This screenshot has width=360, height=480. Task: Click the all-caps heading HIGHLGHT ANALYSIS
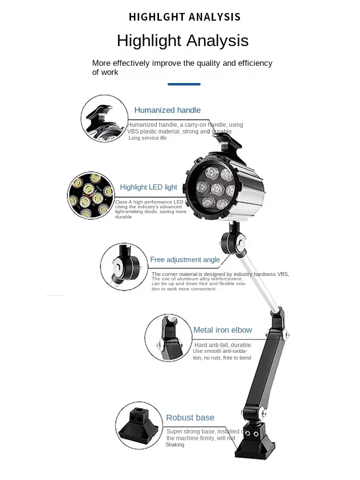184,17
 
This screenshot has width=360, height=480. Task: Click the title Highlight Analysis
182,40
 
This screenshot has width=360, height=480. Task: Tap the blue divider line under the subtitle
184,84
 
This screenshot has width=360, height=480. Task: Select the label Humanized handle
168,110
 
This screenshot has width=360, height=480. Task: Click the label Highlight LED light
148,187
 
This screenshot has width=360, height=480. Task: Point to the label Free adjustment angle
185,260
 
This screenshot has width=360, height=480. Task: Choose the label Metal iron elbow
223,330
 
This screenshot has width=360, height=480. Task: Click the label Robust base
190,418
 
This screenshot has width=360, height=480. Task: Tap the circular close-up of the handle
104,119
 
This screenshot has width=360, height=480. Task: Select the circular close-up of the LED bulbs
91,196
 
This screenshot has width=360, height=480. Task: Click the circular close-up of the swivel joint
124,266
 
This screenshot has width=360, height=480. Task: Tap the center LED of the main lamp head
217,188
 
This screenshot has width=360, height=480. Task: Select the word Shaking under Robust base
175,445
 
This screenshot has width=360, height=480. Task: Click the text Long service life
147,138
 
